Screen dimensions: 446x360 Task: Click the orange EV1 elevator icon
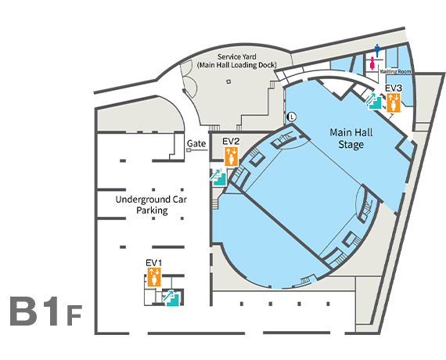click(x=154, y=277)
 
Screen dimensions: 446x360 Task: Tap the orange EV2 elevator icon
click(x=232, y=157)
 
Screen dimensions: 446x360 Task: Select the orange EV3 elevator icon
click(x=394, y=103)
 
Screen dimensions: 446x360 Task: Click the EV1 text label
click(x=154, y=263)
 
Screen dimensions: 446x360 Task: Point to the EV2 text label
click(x=231, y=142)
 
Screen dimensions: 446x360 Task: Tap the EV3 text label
click(x=394, y=88)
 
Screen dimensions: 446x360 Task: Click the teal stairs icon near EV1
click(x=171, y=298)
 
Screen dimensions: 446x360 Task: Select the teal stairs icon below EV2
click(x=218, y=177)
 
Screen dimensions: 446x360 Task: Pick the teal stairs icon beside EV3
click(x=373, y=102)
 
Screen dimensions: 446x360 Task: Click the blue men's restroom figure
click(x=377, y=51)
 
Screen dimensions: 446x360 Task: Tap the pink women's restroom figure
click(x=372, y=63)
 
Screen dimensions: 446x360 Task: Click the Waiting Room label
click(x=395, y=71)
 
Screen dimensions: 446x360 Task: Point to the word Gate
click(x=196, y=143)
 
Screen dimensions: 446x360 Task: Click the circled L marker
click(x=292, y=117)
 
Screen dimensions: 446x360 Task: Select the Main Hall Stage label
click(x=351, y=139)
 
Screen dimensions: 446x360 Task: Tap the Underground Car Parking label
click(x=151, y=205)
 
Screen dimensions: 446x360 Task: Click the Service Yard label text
click(x=236, y=56)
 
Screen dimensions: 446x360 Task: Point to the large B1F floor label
click(x=46, y=311)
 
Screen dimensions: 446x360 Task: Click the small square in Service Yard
click(x=228, y=81)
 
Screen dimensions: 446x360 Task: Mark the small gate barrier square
click(x=189, y=150)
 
